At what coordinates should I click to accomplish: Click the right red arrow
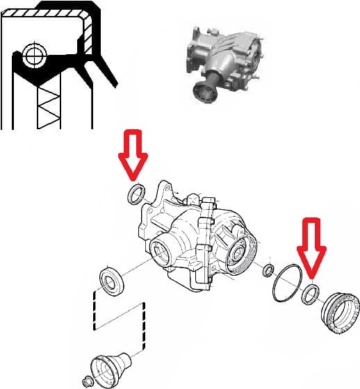310,246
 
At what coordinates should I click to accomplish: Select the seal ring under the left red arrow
136,194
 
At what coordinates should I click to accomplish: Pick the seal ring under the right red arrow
310,294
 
